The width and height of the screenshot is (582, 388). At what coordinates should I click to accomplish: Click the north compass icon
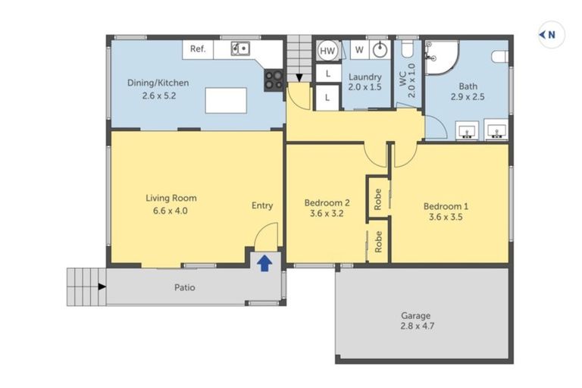[551, 34]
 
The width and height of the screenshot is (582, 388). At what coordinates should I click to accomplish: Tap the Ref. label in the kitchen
[198, 49]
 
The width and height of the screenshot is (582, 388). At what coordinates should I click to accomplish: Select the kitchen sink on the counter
[241, 49]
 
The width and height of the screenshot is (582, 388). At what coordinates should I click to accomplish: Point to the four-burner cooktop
[273, 80]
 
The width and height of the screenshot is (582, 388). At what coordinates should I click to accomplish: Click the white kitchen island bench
[227, 100]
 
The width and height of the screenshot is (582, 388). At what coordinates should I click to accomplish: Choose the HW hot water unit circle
[327, 51]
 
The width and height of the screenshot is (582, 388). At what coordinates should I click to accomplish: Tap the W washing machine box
[359, 50]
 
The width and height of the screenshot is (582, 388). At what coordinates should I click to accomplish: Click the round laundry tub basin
[381, 50]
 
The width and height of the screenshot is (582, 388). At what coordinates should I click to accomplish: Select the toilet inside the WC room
[406, 50]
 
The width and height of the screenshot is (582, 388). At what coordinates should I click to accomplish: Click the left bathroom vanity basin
[467, 130]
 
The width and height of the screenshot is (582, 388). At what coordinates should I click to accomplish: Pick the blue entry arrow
[264, 263]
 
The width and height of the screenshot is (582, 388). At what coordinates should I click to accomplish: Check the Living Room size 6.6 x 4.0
[166, 211]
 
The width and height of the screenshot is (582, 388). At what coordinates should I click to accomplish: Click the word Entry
[262, 205]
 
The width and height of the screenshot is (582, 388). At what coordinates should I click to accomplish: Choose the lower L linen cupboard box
[327, 97]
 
